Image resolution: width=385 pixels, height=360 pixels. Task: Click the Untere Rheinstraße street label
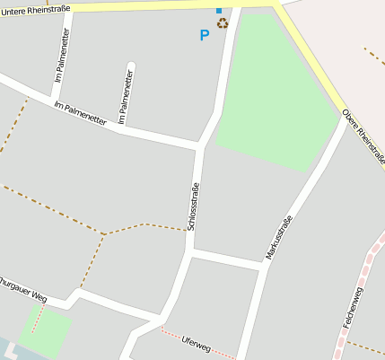pyautogui.click(x=35, y=10)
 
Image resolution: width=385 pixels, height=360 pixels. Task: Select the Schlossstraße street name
pyautogui.click(x=195, y=206)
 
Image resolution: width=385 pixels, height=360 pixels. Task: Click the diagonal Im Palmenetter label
pyautogui.click(x=80, y=113)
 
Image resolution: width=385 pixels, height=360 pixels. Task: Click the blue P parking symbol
pyautogui.click(x=204, y=36)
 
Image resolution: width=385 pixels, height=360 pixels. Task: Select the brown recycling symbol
pyautogui.click(x=222, y=22)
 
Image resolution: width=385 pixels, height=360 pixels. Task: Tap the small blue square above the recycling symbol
pyautogui.click(x=218, y=11)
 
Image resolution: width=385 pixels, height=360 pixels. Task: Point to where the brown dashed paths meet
pyautogui.click(x=104, y=234)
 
